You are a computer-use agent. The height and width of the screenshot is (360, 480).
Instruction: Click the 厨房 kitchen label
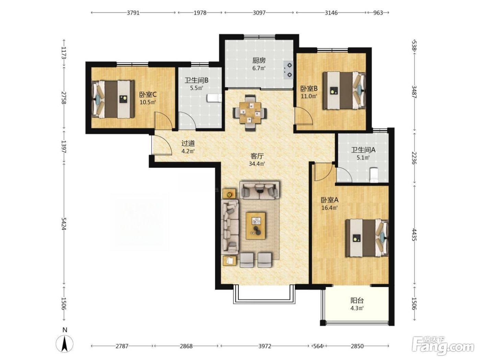pos(259,60)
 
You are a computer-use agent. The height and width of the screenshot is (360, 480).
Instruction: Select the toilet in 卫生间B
pos(214,98)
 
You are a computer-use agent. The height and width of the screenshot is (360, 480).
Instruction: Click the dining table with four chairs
pos(250,113)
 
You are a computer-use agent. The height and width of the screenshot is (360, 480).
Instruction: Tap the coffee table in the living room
pos(256,226)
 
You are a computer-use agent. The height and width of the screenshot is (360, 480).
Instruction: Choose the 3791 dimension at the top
pos(133,13)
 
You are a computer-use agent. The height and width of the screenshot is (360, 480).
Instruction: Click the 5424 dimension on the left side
pos(64,224)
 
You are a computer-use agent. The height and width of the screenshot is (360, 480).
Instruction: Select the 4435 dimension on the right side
pos(414,235)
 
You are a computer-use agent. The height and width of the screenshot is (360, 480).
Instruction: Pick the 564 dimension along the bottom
pos(318,346)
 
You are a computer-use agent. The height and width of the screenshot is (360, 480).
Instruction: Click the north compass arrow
pos(64,344)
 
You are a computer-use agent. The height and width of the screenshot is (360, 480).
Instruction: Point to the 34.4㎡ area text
pos(257,164)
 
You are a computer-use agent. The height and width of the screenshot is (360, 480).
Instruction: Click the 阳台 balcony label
pos(357,301)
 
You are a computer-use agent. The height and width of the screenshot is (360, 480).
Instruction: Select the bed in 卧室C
pos(113,99)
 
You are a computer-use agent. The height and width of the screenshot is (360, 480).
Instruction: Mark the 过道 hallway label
pos(188,143)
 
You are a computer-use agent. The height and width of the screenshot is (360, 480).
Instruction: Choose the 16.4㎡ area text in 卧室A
pos(329,208)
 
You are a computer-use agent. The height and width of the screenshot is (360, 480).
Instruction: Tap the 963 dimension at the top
pos(378,13)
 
